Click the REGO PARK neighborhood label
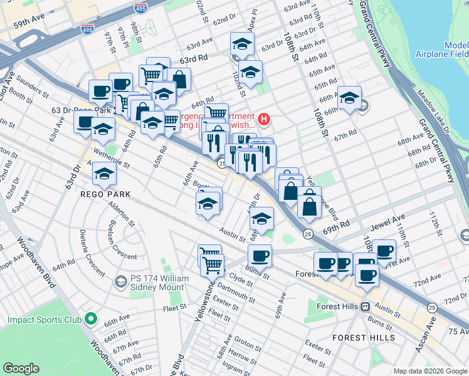[105, 194]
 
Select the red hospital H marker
[265, 118]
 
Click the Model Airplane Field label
[441, 50]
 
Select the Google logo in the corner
[21, 368]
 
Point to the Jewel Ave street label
[390, 220]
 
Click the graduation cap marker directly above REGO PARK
[104, 174]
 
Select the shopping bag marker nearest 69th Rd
[309, 202]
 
